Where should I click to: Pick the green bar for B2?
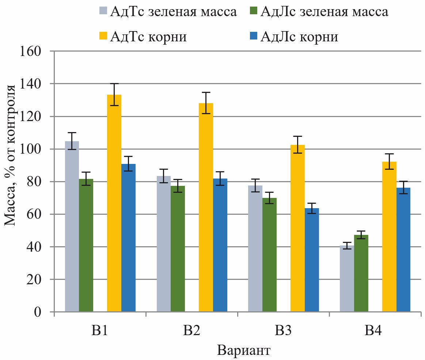pos(178,249)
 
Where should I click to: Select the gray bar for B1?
pos(72,226)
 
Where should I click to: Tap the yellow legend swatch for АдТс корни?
pos(104,37)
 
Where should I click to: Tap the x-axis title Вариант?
pos(244,350)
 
